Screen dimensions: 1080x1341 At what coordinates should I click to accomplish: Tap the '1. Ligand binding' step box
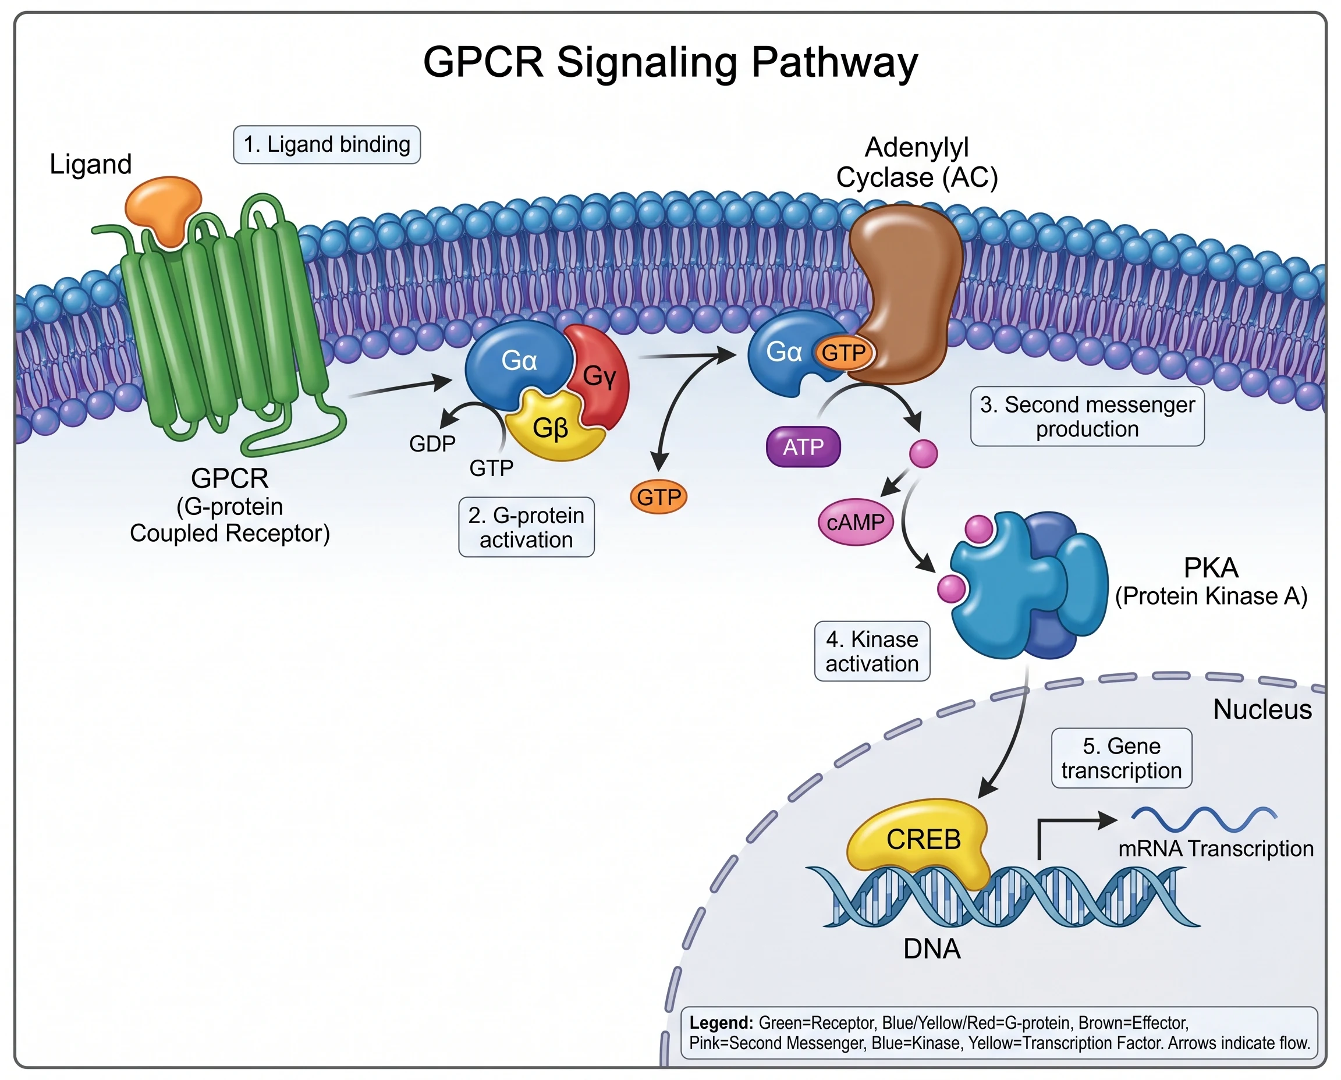[327, 145]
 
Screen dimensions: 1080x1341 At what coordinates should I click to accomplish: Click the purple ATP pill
[803, 447]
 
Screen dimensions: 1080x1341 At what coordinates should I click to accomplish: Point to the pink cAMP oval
[856, 522]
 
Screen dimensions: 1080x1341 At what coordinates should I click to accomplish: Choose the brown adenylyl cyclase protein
[906, 292]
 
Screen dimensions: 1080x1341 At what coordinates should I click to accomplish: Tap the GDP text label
[432, 443]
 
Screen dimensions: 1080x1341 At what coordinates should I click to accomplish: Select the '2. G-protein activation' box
[526, 527]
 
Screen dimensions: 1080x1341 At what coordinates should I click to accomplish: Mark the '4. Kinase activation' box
[872, 651]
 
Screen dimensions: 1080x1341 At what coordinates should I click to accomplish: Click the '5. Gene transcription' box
[1122, 758]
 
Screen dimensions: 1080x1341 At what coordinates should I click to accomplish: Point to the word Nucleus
[1262, 710]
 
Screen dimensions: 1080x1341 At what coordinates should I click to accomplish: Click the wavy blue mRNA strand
[1204, 819]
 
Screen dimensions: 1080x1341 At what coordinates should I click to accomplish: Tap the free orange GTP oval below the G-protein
[658, 497]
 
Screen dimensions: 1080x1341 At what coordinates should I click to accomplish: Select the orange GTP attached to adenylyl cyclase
[843, 353]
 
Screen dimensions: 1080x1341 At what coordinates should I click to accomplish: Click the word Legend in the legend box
[721, 1024]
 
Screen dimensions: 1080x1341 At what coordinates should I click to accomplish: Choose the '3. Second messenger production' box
[1087, 417]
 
